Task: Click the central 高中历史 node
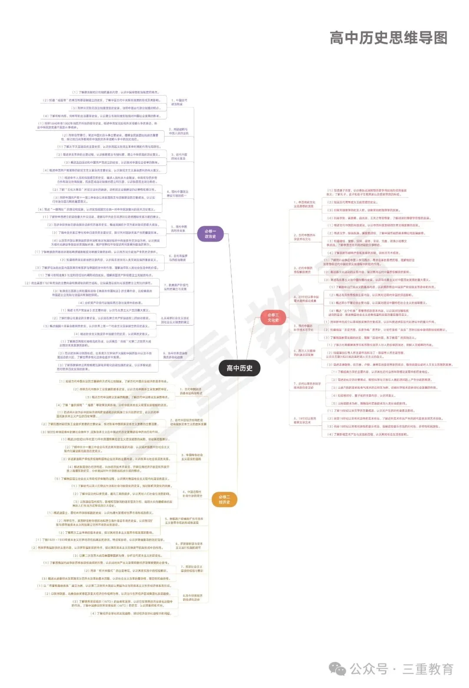click(x=239, y=368)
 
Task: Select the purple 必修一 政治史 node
click(x=210, y=234)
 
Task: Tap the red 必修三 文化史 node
click(x=273, y=317)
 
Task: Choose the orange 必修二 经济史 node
click(x=224, y=500)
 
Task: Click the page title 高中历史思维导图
click(x=388, y=38)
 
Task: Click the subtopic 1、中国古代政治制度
click(x=179, y=102)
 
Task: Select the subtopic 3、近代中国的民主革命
click(x=179, y=156)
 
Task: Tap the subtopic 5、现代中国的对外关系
click(x=179, y=229)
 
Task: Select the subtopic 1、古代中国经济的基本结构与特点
click(x=191, y=391)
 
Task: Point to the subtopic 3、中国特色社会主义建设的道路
click(x=192, y=457)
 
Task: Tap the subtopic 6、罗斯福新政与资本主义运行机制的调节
click(x=189, y=546)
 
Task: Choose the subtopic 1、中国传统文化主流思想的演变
click(x=304, y=204)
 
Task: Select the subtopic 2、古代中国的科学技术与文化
click(x=304, y=237)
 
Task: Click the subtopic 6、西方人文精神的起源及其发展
click(x=304, y=353)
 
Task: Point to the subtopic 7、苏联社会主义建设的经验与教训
click(x=192, y=569)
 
